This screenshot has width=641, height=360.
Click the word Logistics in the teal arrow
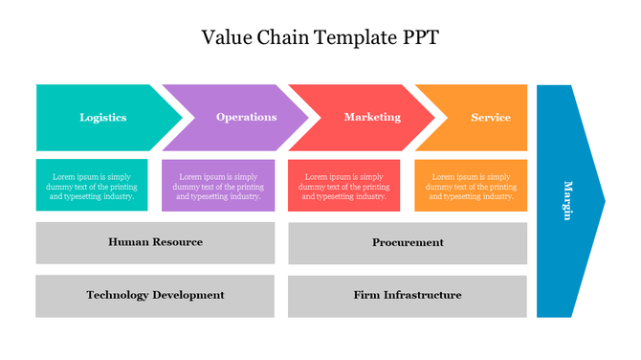(102, 118)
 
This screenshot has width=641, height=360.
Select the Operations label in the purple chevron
(246, 117)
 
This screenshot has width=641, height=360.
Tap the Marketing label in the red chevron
(372, 117)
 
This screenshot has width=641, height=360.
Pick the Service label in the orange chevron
(491, 118)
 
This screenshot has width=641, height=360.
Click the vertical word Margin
(567, 201)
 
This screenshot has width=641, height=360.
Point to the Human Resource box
(155, 242)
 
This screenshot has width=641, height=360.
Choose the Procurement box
(408, 242)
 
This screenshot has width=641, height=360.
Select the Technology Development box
(155, 295)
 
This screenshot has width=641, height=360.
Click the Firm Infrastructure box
(408, 295)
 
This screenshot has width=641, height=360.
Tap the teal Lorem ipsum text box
(93, 186)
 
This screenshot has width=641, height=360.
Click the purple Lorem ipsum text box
(218, 186)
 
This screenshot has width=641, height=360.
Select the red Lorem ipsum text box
(344, 186)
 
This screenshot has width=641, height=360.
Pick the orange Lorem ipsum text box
(471, 186)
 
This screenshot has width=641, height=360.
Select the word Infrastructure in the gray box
(425, 295)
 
